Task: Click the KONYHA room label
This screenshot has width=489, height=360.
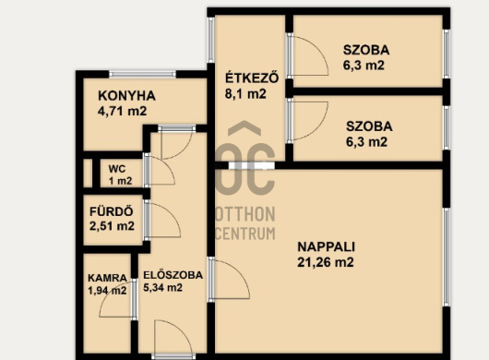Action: click(126, 96)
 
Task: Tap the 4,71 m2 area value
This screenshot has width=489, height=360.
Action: click(122, 111)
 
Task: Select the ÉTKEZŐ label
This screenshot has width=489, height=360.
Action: click(252, 78)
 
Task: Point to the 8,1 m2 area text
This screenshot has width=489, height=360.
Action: click(245, 93)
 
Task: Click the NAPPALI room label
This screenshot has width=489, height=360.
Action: click(327, 246)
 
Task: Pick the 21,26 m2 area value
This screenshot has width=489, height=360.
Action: click(326, 262)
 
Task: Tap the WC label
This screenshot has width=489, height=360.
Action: click(117, 169)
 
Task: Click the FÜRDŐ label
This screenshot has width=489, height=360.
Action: click(112, 211)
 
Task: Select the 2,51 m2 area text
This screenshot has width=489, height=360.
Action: click(112, 226)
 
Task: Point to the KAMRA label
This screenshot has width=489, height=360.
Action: click(107, 278)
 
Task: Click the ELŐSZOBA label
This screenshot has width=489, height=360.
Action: click(173, 275)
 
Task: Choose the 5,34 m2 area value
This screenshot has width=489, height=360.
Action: click(162, 288)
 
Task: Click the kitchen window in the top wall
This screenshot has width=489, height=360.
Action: click(142, 74)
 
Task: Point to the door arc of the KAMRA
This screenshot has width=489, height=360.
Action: click(108, 296)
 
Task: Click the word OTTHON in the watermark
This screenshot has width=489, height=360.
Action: click(245, 214)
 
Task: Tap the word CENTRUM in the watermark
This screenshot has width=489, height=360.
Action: click(245, 233)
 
